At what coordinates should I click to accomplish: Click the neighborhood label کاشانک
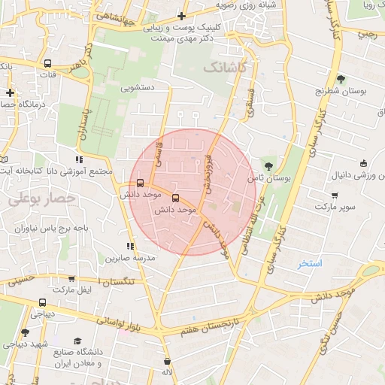click(x=225, y=68)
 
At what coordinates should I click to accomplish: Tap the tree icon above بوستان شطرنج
click(x=341, y=79)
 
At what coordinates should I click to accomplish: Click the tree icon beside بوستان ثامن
click(x=268, y=166)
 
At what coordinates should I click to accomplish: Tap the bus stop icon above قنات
click(x=48, y=64)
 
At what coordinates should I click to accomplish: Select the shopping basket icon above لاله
click(x=166, y=362)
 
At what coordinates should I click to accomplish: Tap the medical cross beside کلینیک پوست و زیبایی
click(x=181, y=15)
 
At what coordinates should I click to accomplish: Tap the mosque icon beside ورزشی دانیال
click(x=364, y=163)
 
